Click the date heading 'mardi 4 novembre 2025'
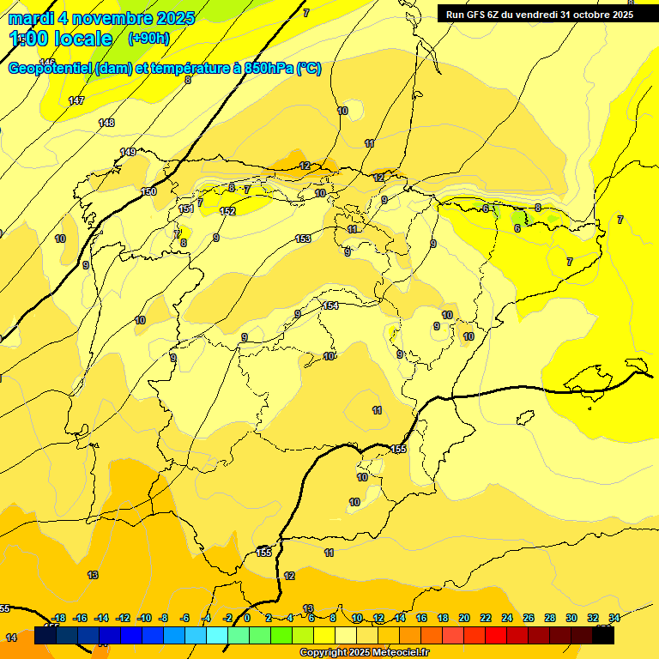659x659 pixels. [x=101, y=18]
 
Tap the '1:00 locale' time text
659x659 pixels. [x=61, y=39]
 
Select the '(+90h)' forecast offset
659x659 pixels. [x=148, y=39]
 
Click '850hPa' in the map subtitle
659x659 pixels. [x=263, y=69]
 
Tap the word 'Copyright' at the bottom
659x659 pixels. [x=324, y=653]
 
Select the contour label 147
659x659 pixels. [x=76, y=101]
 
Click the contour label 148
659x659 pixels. [x=106, y=123]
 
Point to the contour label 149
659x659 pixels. [x=128, y=152]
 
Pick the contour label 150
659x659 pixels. [x=149, y=192]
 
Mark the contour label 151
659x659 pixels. [x=186, y=209]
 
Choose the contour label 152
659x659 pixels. [x=227, y=211]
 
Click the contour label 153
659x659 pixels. [x=303, y=239]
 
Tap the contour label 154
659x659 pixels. [x=330, y=306]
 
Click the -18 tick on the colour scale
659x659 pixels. [x=59, y=618]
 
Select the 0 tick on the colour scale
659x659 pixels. [x=247, y=618]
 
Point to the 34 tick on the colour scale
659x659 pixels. [x=614, y=618]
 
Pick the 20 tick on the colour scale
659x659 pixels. [x=464, y=618]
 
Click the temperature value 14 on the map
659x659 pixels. [x=11, y=638]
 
